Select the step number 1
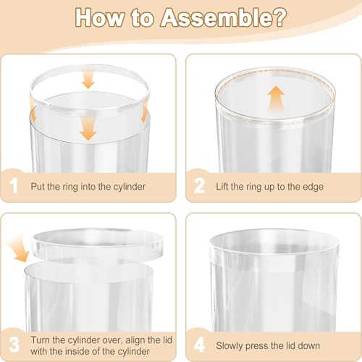click(14, 185)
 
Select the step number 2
click(199, 185)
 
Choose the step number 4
click(199, 345)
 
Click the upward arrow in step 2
click(276, 98)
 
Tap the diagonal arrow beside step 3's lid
click(18, 249)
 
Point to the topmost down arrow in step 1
click(88, 80)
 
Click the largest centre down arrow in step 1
click(88, 130)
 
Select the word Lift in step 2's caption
click(222, 187)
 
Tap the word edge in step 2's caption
click(313, 187)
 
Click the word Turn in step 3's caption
click(41, 340)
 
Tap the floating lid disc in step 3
click(98, 243)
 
